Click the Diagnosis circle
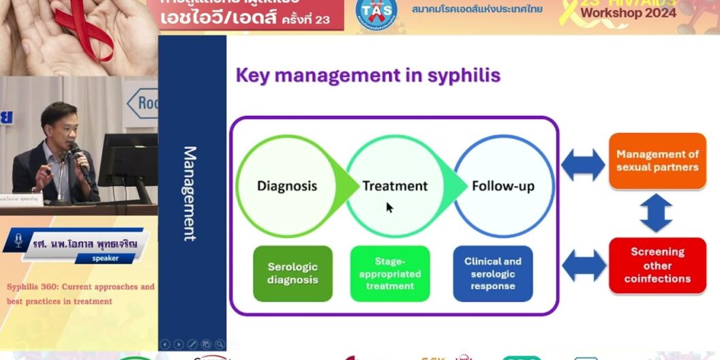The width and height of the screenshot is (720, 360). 287,185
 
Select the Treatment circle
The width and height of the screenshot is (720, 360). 395,185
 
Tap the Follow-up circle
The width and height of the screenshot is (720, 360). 503,185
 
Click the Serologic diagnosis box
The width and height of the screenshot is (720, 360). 292,273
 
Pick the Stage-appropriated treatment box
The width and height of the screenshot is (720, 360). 390,273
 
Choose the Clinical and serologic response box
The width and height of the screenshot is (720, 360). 493,273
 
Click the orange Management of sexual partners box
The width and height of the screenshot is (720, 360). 657,161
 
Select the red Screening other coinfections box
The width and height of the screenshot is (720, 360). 657,265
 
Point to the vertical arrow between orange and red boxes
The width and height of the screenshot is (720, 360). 657,213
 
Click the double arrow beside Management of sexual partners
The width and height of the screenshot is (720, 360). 583,164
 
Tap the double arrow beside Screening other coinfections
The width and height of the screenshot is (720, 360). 583,266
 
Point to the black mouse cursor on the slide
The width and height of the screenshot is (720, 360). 389,207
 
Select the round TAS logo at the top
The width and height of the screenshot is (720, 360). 376,12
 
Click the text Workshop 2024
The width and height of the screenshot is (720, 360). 628,13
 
